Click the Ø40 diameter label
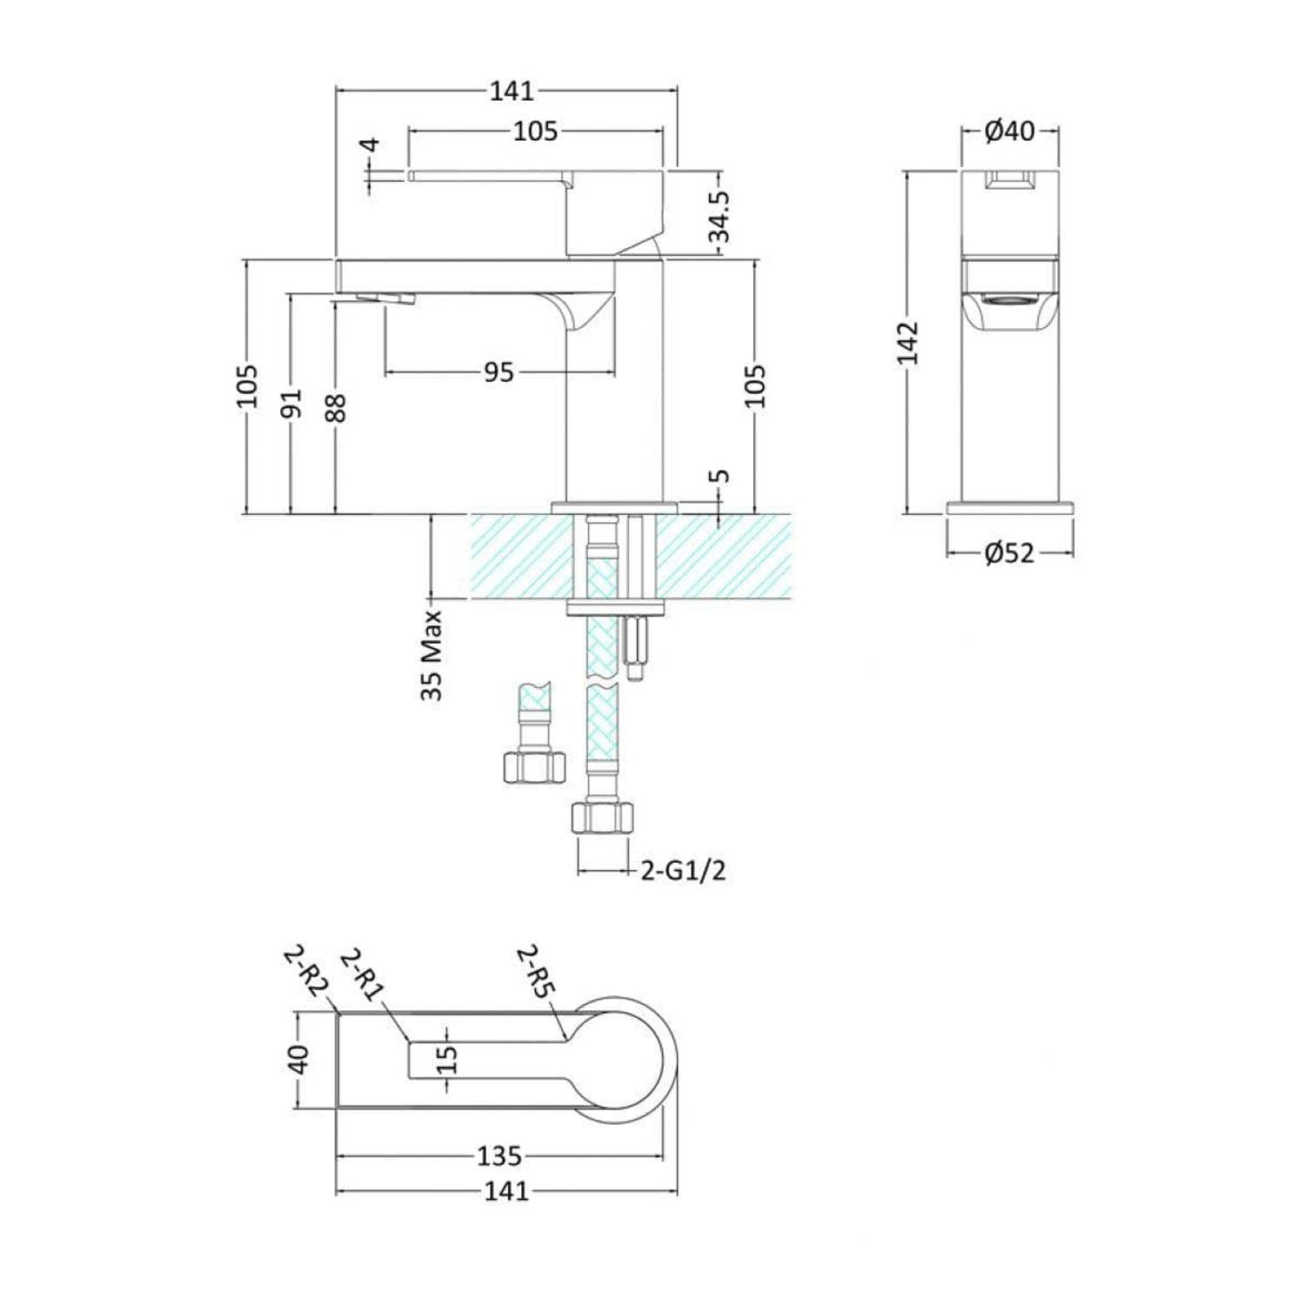pyautogui.click(x=1009, y=131)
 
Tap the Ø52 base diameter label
pyautogui.click(x=1009, y=552)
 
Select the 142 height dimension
pyautogui.click(x=908, y=343)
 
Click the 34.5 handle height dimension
pyautogui.click(x=719, y=217)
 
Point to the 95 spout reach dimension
pyautogui.click(x=499, y=372)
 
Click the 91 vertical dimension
pyautogui.click(x=292, y=403)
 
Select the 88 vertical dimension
pyautogui.click(x=336, y=408)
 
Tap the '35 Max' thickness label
pyautogui.click(x=432, y=655)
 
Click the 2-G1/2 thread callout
pyautogui.click(x=683, y=870)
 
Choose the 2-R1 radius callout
pyautogui.click(x=362, y=974)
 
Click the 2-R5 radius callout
pyautogui.click(x=538, y=971)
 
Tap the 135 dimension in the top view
pyautogui.click(x=499, y=1156)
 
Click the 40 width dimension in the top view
pyautogui.click(x=298, y=1060)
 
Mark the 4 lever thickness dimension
pyautogui.click(x=371, y=144)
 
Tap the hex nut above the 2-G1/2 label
pyautogui.click(x=600, y=819)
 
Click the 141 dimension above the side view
pyautogui.click(x=512, y=90)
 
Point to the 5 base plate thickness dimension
pyautogui.click(x=719, y=477)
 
